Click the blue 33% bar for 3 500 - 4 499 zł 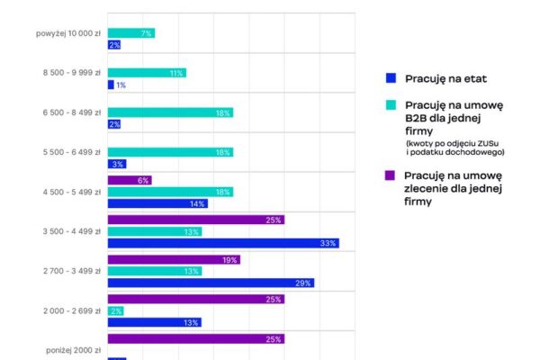(222, 243)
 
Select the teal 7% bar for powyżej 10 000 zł (130, 33)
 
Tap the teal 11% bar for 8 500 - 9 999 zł (147, 73)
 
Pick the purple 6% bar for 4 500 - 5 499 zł (129, 180)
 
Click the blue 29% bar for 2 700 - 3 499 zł (211, 283)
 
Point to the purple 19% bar (174, 259)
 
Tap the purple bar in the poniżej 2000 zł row (195, 339)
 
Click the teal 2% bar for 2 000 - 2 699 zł (115, 310)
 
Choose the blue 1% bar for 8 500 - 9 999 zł (111, 85)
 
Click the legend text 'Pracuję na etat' (442, 77)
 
